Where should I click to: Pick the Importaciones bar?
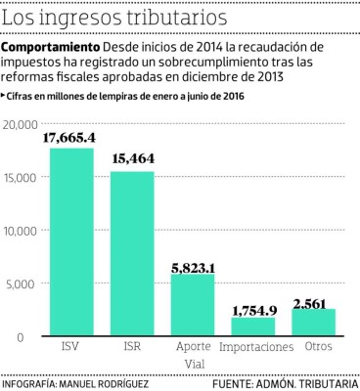tap(253, 326)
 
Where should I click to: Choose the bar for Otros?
tap(314, 322)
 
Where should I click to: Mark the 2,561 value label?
tap(314, 300)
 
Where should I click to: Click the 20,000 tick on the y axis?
tap(21, 124)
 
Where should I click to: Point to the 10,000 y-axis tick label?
tap(21, 231)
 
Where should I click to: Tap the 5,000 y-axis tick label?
tap(23, 283)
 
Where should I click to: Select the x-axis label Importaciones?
tap(256, 347)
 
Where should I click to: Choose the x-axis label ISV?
tap(72, 347)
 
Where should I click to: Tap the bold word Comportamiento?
tap(52, 48)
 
